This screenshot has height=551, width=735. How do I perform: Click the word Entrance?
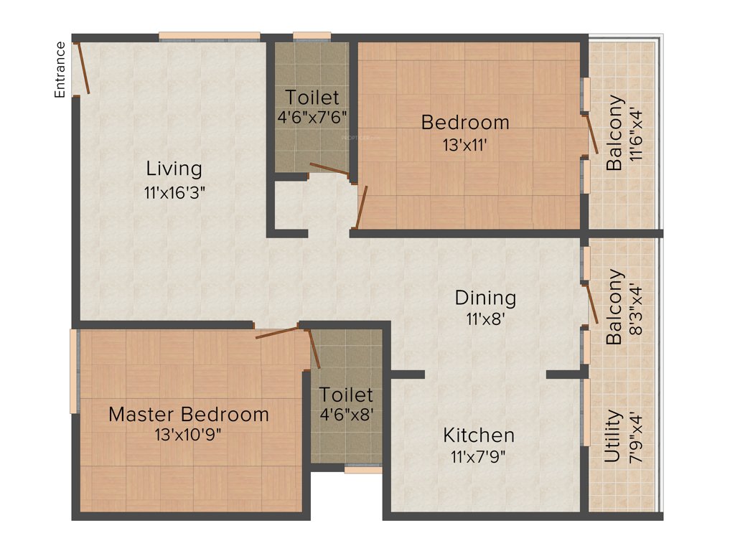pos(60,70)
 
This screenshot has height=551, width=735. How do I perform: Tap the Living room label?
pos(174,169)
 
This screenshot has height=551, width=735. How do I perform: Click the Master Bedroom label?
pos(189,414)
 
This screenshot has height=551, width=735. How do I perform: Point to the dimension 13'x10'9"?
pos(189,435)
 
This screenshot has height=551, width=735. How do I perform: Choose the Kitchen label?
pos(479,435)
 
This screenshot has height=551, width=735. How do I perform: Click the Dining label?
pos(485,297)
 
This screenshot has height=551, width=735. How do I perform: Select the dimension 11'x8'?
pos(485,318)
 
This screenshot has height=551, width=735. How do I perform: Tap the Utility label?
pos(613,436)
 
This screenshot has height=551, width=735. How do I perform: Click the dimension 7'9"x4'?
pos(635,436)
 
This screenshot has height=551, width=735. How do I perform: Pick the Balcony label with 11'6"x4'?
pos(614,133)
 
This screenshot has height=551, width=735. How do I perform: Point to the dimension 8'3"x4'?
pos(635,307)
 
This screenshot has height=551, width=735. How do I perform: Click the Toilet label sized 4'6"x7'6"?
pos(312,97)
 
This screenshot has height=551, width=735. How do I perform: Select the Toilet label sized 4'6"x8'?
pos(346,395)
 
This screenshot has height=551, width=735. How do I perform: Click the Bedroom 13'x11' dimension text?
pos(465,144)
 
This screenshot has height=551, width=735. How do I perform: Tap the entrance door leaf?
pos(83,69)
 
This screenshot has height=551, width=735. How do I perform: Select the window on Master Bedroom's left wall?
pos(73,371)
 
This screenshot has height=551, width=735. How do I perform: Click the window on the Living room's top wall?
pos(209,36)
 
